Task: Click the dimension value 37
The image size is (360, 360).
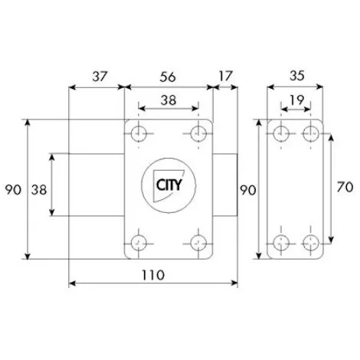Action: [100, 77]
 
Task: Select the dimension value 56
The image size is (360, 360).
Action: [168, 77]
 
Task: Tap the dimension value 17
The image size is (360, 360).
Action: [226, 76]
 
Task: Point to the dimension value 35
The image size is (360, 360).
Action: [297, 76]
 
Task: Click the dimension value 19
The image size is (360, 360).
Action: [296, 100]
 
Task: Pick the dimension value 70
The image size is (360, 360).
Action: [345, 187]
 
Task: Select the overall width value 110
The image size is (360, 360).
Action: [153, 275]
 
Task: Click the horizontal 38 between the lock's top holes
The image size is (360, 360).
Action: [169, 100]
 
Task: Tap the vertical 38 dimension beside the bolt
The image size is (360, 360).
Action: [39, 190]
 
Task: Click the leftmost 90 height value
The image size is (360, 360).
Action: [13, 190]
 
